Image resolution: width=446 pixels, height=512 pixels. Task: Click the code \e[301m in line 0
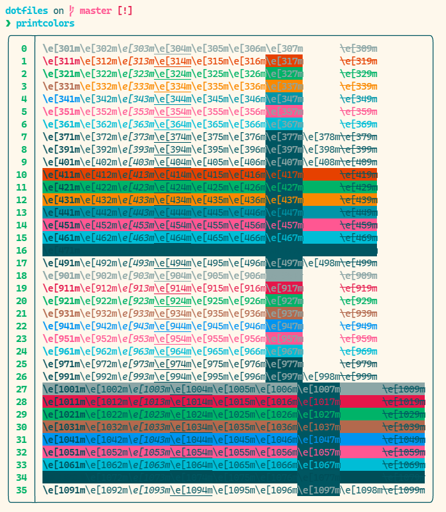[x=61, y=48]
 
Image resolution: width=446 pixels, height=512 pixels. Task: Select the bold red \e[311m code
[x=61, y=61]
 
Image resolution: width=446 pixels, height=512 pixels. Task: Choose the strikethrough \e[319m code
[x=358, y=61]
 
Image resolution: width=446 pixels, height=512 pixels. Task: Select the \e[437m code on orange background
[x=284, y=200]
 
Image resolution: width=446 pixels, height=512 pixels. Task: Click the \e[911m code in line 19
[x=61, y=288]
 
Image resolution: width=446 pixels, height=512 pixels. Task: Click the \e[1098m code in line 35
[x=361, y=490]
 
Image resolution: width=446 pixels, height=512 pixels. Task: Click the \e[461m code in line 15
[x=61, y=238]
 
